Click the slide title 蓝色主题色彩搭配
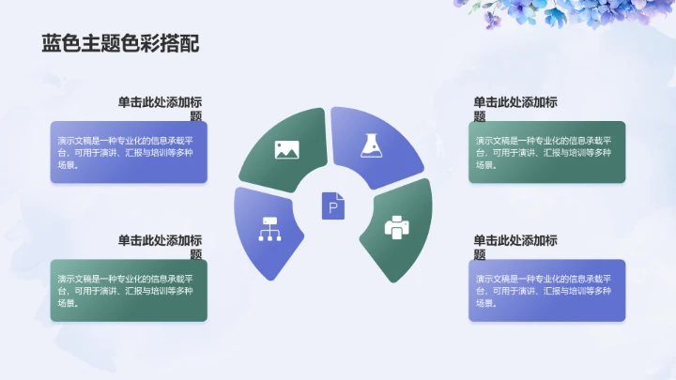pyautogui.click(x=119, y=44)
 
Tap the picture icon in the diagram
pyautogui.click(x=286, y=148)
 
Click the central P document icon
pyautogui.click(x=333, y=205)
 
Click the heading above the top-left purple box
pyautogui.click(x=160, y=109)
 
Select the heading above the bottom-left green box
pyautogui.click(x=160, y=247)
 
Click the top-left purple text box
pyautogui.click(x=129, y=152)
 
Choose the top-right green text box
pyautogui.click(x=546, y=152)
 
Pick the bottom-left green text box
pyautogui.click(x=129, y=290)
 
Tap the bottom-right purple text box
pyautogui.click(x=546, y=290)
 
